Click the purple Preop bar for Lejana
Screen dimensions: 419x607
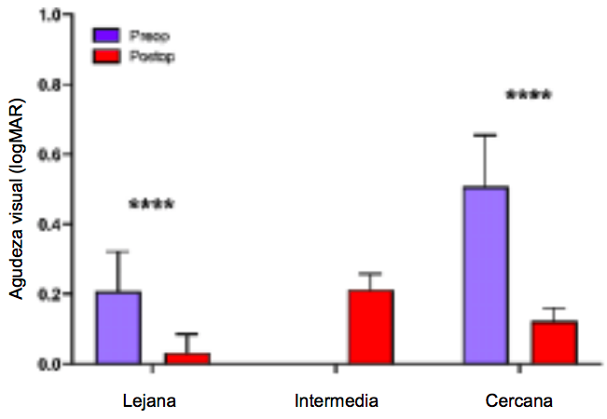(118, 328)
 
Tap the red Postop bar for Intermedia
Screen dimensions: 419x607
(371, 327)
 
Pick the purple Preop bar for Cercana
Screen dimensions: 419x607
(486, 276)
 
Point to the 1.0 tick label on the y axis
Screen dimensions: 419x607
(49, 16)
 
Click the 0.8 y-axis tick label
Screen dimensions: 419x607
(49, 86)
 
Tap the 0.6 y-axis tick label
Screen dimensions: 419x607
(49, 155)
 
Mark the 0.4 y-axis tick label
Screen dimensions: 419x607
(49, 224)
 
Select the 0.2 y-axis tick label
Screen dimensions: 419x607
(49, 294)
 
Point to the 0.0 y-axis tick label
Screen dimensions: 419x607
(49, 364)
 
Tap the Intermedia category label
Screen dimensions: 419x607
(337, 401)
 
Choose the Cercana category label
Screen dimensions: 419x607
(519, 401)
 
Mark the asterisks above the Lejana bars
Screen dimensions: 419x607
(151, 204)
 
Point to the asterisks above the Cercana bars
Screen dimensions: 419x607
(528, 95)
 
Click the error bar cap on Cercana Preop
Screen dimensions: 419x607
(486, 135)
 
